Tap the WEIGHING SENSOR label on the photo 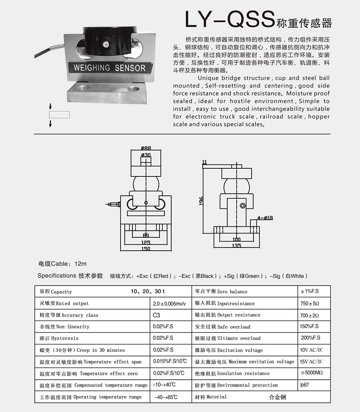click(109, 68)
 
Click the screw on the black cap click(106, 44)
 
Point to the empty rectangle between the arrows click(60, 114)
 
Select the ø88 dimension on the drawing click(146, 148)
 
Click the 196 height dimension click(201, 201)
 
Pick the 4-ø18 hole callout click(265, 218)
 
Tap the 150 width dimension click(145, 249)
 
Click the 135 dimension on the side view click(236, 245)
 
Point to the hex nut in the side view click(243, 206)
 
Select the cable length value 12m click(80, 264)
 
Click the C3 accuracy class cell click(156, 315)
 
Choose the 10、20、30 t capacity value click(148, 291)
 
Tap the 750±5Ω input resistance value click(310, 304)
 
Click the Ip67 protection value click(305, 385)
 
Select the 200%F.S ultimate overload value click(311, 338)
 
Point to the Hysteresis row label click(59, 338)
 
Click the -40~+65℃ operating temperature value click(166, 397)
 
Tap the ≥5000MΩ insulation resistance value click(312, 373)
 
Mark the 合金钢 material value click(277, 397)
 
